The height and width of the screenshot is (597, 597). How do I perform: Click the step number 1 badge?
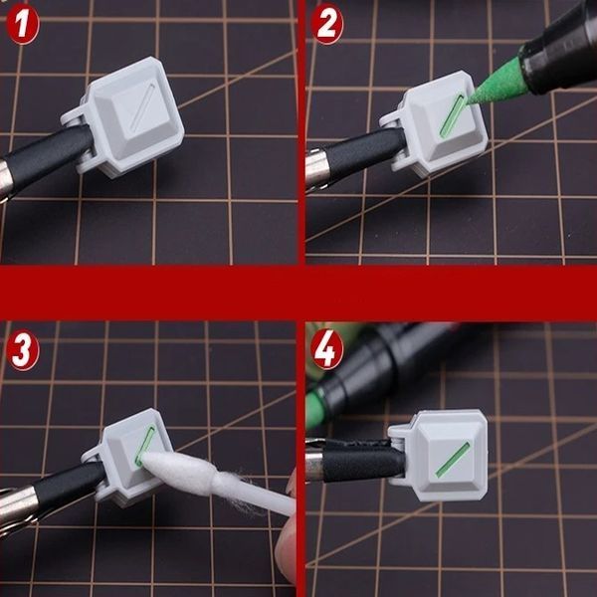coord(23,24)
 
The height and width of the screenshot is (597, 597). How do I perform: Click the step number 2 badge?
coord(326,24)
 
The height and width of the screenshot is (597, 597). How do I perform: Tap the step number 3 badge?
coord(23,349)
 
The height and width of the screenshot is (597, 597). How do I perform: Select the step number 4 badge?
coord(326,349)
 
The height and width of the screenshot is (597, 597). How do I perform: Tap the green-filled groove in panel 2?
coord(453,115)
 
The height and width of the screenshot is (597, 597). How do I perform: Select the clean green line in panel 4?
coord(453,460)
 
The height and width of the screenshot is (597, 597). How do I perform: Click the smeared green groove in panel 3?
coord(145,446)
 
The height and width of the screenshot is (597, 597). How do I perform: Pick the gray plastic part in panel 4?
coord(438,455)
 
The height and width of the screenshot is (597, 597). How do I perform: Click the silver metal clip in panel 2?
coord(315,167)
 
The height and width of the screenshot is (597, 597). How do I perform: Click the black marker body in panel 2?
coord(559,50)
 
